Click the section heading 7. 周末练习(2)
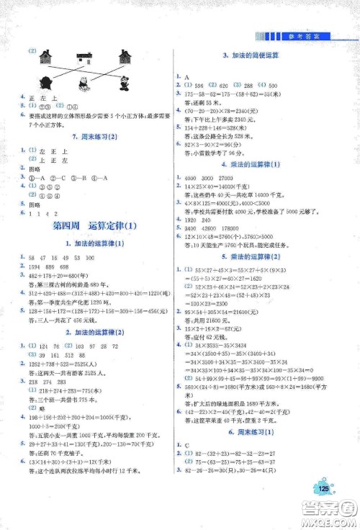95,136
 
